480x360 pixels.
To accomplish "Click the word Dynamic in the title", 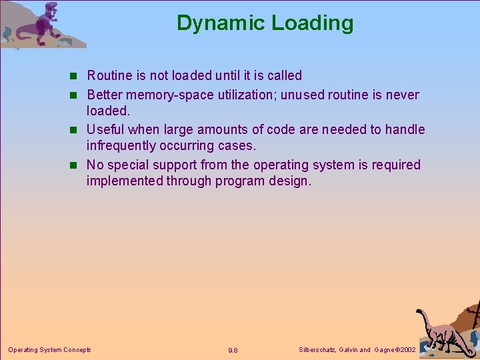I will coord(215,23).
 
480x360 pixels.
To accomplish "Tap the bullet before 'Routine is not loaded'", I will coord(77,76).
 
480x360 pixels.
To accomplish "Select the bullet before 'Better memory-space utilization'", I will coord(77,95).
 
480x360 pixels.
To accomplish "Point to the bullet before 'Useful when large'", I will coord(77,130).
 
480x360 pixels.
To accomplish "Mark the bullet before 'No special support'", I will coord(77,165).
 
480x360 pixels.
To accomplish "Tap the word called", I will coord(284,75).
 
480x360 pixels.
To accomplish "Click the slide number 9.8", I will coord(233,350).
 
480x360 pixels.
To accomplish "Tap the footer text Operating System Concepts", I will coord(49,349).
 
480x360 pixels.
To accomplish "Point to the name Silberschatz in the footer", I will coord(317,349).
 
